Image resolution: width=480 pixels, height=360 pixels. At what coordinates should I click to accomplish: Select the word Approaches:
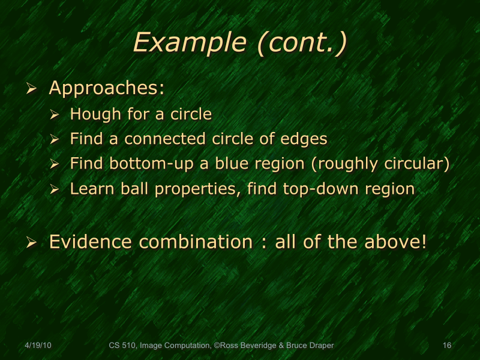coord(107,88)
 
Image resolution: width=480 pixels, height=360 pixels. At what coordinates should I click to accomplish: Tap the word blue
coord(223,164)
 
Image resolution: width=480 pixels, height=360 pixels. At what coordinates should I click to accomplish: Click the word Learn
coord(89,189)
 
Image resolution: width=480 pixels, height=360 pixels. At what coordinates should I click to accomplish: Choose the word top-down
coord(325,189)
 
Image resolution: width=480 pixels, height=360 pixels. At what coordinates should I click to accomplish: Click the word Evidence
coord(90,242)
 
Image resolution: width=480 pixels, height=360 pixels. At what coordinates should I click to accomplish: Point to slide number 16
coord(446,346)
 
